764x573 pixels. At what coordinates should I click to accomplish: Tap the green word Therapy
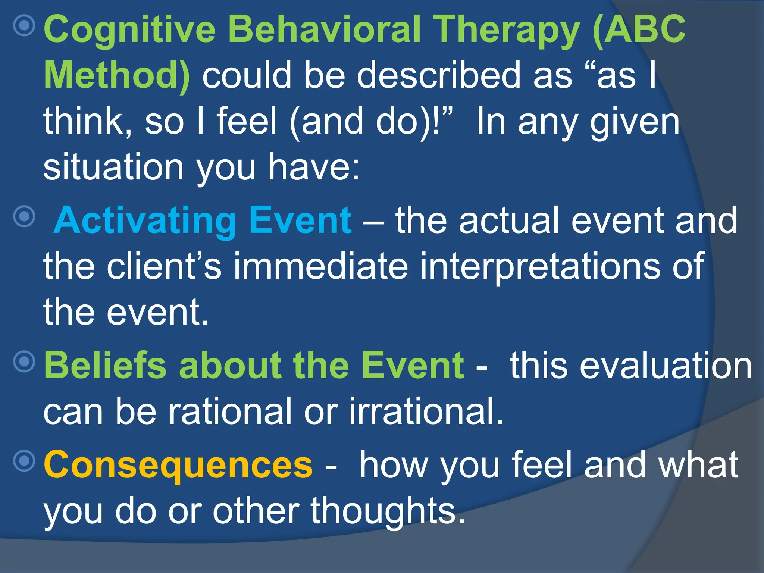[x=508, y=30]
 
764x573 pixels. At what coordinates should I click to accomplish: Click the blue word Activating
[x=145, y=220]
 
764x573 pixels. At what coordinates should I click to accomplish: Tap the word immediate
[x=320, y=266]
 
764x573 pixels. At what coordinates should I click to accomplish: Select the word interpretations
[x=539, y=266]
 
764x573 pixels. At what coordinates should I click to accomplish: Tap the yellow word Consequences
[x=178, y=464]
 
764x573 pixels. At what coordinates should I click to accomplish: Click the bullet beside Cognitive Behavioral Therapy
[x=24, y=25]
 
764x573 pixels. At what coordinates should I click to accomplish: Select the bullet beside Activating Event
[x=24, y=216]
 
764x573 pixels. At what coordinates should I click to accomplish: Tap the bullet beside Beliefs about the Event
[x=24, y=361]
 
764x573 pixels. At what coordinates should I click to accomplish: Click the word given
[x=634, y=122]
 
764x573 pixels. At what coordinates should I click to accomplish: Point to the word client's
[x=164, y=266]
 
